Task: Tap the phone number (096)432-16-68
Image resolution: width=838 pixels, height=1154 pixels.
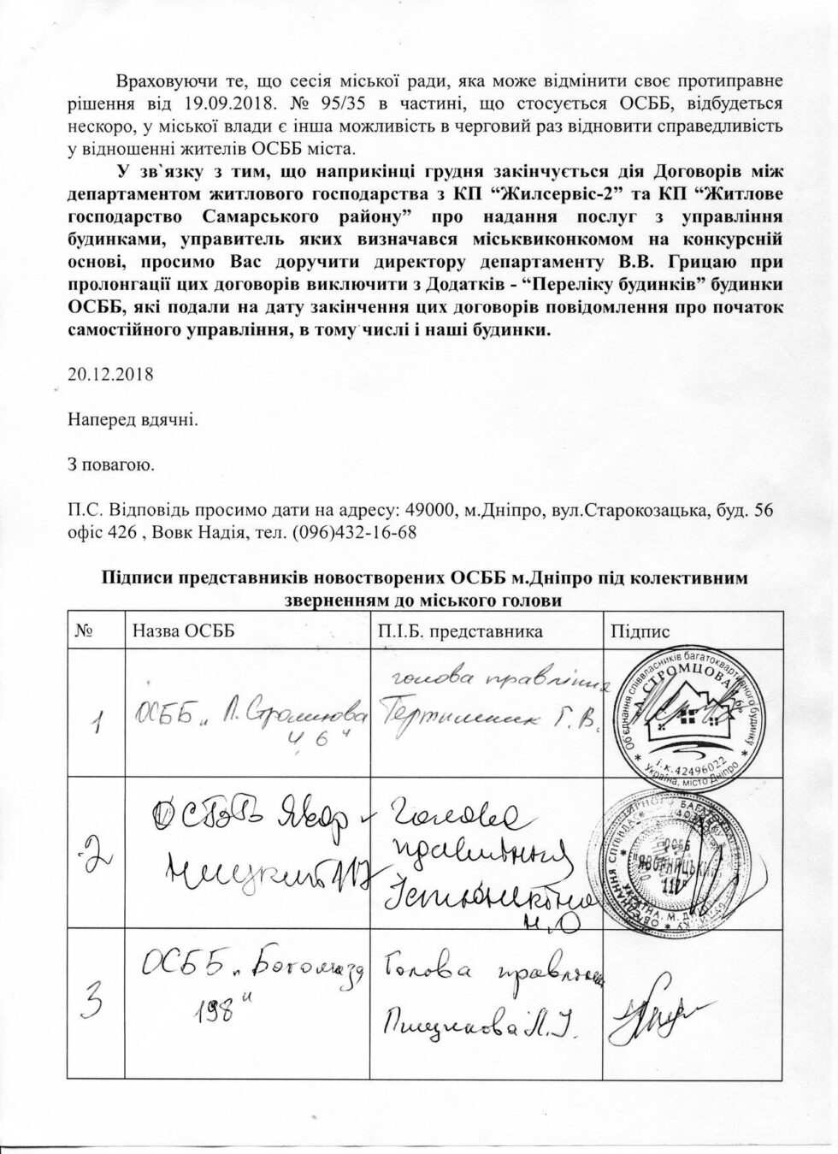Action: pos(355,532)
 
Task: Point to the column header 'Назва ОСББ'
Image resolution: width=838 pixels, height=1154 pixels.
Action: pos(181,631)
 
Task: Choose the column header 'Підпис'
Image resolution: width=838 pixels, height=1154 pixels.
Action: pos(640,631)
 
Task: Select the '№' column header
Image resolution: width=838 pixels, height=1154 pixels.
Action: pos(85,631)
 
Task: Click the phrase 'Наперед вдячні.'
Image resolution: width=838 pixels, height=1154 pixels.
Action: pos(133,420)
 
